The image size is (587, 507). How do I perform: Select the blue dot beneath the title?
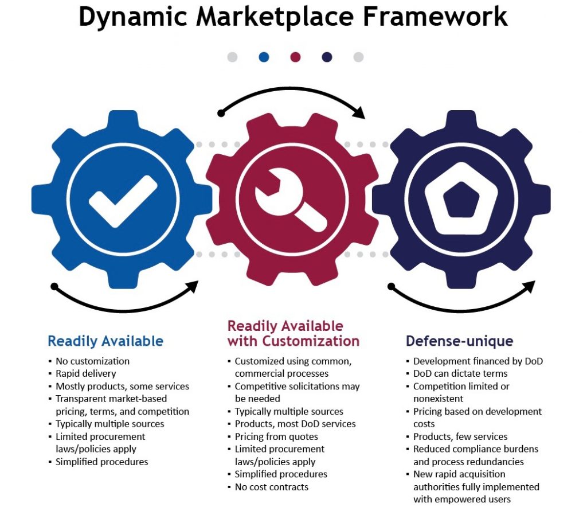[264, 57]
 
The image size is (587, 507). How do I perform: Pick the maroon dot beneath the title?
[295, 57]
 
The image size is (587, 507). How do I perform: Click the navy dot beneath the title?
[327, 57]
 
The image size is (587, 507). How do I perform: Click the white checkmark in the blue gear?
[123, 200]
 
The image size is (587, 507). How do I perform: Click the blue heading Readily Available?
[105, 341]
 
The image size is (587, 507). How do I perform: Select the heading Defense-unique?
[459, 341]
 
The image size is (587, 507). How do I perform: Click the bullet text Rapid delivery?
[85, 374]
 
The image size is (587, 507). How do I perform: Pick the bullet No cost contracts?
[271, 487]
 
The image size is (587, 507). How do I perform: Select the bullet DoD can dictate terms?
[460, 374]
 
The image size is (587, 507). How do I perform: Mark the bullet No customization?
[92, 361]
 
